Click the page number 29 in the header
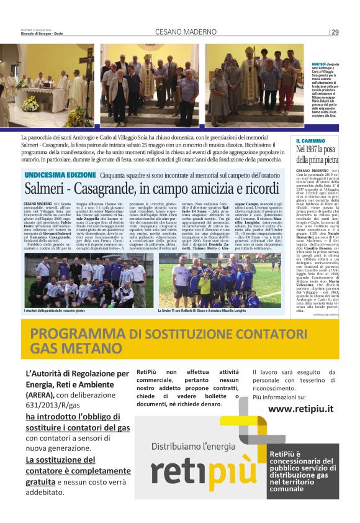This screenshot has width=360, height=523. (335, 32)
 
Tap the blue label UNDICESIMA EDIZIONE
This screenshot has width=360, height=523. (60, 175)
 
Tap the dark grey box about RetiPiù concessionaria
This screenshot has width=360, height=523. (304, 471)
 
